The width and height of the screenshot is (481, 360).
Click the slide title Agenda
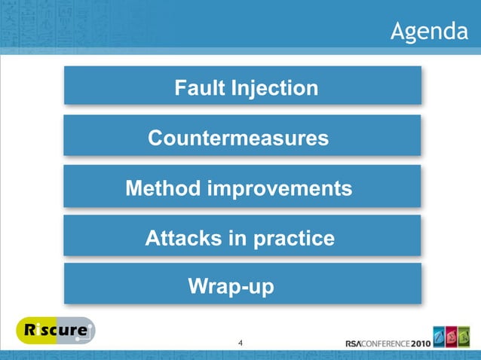(x=428, y=32)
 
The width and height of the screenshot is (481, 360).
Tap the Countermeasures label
(x=238, y=139)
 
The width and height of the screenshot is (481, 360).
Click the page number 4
(x=240, y=344)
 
